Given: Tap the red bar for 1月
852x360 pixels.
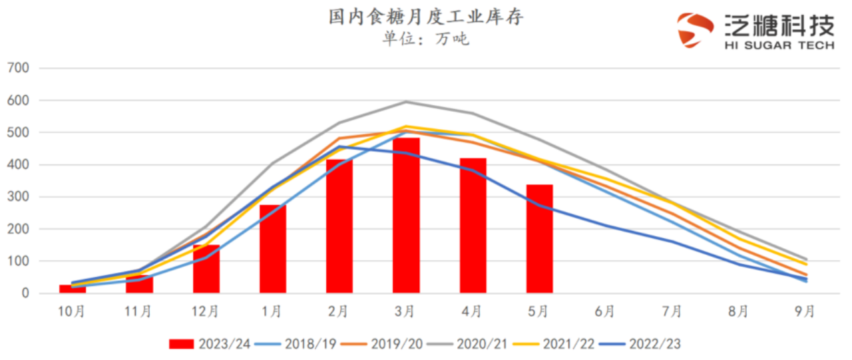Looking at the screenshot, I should (272, 249).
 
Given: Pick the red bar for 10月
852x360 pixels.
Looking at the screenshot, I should (73, 289).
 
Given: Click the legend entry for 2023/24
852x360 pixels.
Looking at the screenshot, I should (209, 343).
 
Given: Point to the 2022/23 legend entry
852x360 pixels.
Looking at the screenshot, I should (640, 343).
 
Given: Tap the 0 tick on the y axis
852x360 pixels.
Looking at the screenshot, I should (25, 293).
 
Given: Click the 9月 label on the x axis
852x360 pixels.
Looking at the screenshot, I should (805, 311).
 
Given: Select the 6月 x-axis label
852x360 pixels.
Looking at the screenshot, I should (605, 311).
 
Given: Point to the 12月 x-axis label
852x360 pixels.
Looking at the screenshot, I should (205, 311).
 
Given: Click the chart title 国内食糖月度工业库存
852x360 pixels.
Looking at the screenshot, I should (426, 17).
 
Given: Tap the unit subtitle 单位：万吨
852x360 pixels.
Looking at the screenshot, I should (425, 39).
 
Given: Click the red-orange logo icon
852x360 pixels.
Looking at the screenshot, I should (695, 30).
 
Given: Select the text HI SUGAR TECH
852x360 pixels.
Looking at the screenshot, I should (779, 45).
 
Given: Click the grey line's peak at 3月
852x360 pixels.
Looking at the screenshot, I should (406, 102).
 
